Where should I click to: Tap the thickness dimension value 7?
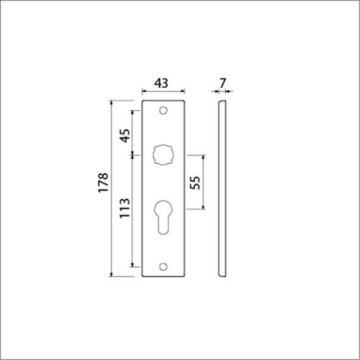point(223,84)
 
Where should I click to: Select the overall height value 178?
point(102,185)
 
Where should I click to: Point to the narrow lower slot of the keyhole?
point(163,229)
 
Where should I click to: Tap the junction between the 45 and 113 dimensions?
point(132,153)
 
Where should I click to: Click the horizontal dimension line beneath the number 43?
point(163,92)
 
